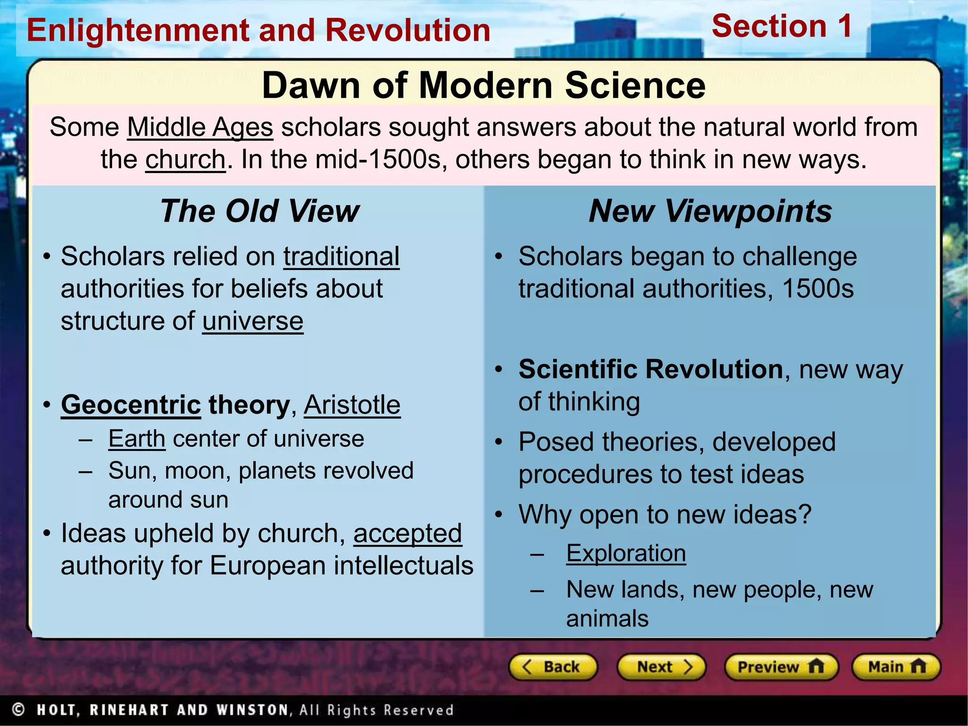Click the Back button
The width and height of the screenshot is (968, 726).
[553, 667]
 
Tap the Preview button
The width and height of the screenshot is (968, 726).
[781, 667]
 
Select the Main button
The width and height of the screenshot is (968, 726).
[896, 667]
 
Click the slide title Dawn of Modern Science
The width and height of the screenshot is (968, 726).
[484, 86]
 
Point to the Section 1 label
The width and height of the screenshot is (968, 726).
[782, 26]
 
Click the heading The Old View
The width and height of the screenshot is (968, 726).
[259, 211]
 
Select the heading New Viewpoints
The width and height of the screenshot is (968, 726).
[710, 211]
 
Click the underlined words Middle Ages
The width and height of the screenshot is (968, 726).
[200, 128]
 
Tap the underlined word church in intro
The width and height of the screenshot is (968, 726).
[185, 160]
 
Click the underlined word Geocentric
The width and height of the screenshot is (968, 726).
[131, 405]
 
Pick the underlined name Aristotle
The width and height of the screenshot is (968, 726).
[352, 405]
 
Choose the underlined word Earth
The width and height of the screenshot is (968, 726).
[137, 439]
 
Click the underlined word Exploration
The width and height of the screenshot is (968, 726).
[626, 553]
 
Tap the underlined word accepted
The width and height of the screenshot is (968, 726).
[407, 534]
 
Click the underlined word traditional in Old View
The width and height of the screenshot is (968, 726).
[341, 257]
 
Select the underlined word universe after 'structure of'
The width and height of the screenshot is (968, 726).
[253, 321]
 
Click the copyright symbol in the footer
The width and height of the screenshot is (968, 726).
[18, 709]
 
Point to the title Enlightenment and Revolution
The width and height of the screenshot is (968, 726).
[259, 30]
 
